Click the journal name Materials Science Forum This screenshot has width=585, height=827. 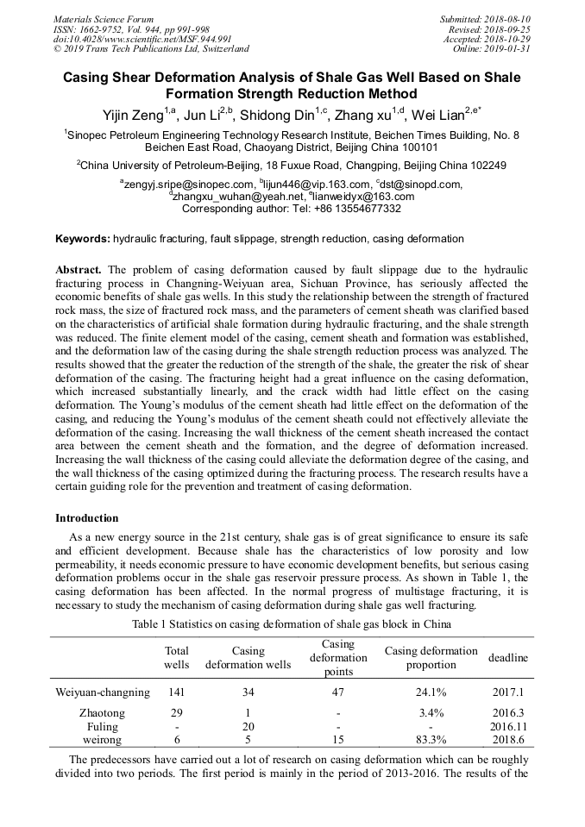pyautogui.click(x=104, y=19)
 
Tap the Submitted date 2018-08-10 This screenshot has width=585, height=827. pyautogui.click(x=486, y=19)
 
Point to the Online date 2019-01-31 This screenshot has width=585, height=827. pyautogui.click(x=491, y=48)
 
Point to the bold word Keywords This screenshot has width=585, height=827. pyautogui.click(x=83, y=239)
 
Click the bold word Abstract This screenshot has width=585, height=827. pyautogui.click(x=79, y=270)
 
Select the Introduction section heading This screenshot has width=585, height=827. pyautogui.click(x=87, y=518)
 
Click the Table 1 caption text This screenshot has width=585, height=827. pyautogui.click(x=292, y=623)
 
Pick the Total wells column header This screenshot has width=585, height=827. pyautogui.click(x=177, y=658)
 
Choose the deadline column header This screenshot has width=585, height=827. pyautogui.click(x=508, y=658)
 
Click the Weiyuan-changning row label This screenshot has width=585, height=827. pyautogui.click(x=103, y=692)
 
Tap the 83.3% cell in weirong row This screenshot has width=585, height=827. pyautogui.click(x=431, y=739)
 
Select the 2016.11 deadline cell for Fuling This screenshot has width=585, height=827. pyautogui.click(x=508, y=726)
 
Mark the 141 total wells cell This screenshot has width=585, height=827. pyautogui.click(x=177, y=692)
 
